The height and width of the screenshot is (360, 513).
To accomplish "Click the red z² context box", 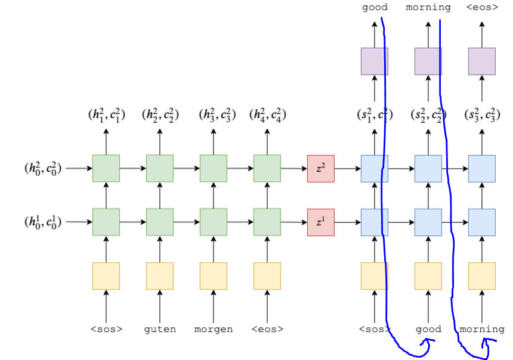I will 320,168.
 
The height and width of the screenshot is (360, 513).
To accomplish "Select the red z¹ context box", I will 320,222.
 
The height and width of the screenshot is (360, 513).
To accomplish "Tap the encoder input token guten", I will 159,329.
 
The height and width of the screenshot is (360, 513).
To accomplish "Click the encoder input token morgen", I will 213,329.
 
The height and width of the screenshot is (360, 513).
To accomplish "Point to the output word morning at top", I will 428,8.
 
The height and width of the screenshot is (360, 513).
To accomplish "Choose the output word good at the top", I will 375,8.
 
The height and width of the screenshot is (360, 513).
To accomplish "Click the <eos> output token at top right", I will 482,8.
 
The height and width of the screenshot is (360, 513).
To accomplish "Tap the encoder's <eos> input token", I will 267,329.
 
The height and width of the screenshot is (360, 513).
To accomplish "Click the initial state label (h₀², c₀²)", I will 43,169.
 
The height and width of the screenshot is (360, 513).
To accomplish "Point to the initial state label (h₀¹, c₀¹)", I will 43,222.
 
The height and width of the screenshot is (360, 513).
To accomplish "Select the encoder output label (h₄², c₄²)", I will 267,114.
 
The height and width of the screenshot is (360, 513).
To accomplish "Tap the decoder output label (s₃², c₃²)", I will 482,114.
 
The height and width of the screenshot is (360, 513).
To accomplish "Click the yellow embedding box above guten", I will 159,276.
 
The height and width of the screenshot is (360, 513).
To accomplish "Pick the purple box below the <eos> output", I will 482,61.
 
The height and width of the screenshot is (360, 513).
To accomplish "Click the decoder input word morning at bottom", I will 482,329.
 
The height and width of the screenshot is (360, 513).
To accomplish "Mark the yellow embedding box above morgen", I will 213,276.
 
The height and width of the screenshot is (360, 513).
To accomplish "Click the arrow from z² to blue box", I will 347,169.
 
